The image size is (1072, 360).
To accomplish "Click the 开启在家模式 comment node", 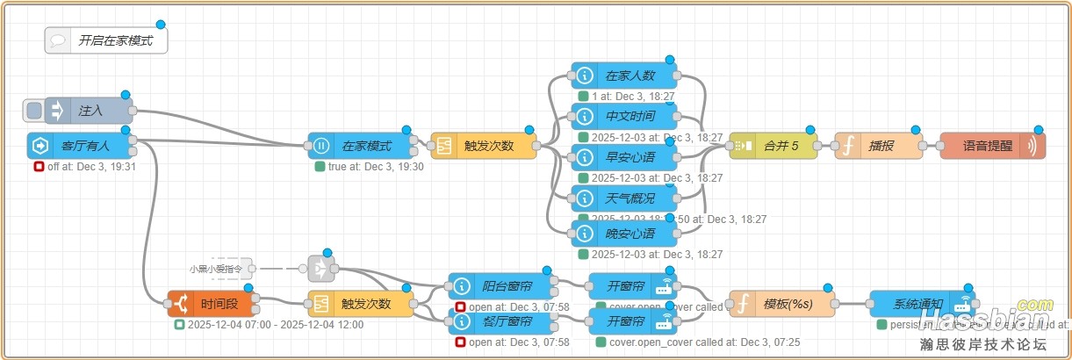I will click(x=106, y=40).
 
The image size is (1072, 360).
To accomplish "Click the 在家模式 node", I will click(x=361, y=146).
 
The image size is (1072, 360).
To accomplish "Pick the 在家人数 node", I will click(x=624, y=76).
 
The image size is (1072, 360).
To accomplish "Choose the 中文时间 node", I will click(x=624, y=116).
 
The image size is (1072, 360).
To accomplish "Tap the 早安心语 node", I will click(x=624, y=157).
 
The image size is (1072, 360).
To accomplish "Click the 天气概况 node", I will click(x=624, y=198).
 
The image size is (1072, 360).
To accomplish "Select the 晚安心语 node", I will click(x=624, y=234).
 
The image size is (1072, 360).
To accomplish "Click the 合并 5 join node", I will click(x=773, y=146).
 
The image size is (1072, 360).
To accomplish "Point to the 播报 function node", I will click(x=878, y=146).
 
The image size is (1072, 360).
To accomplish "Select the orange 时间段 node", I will click(x=212, y=304).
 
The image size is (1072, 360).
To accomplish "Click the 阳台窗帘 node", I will click(x=501, y=286).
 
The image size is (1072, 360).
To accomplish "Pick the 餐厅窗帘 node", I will click(x=501, y=321).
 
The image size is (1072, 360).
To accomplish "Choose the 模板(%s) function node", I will click(x=782, y=304).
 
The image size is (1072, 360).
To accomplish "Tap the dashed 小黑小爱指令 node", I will click(x=220, y=269).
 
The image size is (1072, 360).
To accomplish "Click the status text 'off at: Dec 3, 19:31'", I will click(x=91, y=167).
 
